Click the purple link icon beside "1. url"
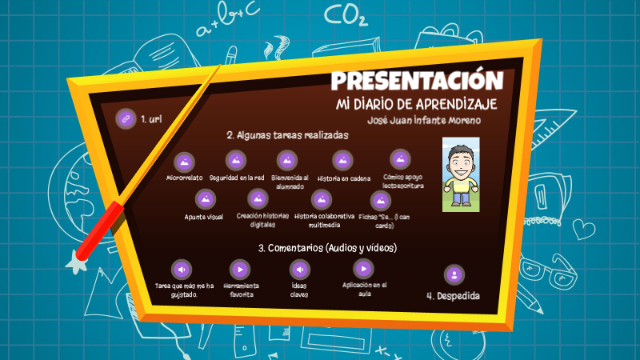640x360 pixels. [125, 118]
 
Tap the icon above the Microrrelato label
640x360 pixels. [184, 162]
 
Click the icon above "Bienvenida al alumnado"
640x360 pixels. [286, 161]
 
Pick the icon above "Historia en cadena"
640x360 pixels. [342, 161]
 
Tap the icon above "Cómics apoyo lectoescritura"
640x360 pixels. [400, 159]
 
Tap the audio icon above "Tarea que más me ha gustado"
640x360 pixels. [182, 269]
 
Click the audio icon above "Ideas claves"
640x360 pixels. [299, 269]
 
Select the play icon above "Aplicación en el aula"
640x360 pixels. [363, 268]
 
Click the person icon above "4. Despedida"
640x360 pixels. [454, 274]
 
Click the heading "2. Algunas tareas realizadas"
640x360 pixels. [286, 135]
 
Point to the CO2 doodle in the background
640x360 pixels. [347, 15]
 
